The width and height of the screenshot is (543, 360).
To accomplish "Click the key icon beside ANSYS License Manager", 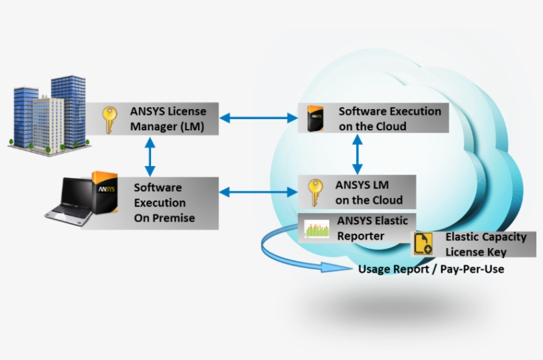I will point(109,120).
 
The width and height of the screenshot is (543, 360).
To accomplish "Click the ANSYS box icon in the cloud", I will point(314,119).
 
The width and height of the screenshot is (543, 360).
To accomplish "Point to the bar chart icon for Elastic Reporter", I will point(317,228).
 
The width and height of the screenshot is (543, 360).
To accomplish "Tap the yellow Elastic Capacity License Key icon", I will point(422,244).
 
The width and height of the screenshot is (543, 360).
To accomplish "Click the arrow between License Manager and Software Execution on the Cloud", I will point(258,118).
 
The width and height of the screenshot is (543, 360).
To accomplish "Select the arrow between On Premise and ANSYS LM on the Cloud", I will point(258,192).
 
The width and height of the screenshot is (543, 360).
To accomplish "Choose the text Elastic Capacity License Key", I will point(485,244).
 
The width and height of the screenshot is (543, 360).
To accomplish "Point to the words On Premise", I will point(164,218).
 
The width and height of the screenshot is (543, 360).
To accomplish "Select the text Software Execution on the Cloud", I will point(389,118).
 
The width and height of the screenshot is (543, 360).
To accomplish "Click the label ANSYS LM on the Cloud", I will point(368,193).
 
